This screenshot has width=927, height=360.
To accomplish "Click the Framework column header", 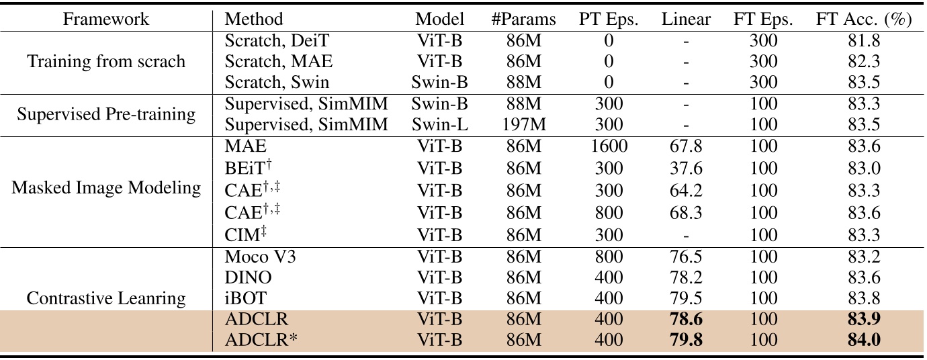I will pyautogui.click(x=106, y=19).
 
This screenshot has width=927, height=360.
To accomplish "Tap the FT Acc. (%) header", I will pyautogui.click(x=864, y=19).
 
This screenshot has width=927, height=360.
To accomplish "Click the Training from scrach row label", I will pyautogui.click(x=106, y=62).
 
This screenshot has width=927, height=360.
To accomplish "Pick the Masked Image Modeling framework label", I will pyautogui.click(x=106, y=188).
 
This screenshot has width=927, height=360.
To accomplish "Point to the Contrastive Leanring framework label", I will pyautogui.click(x=106, y=298).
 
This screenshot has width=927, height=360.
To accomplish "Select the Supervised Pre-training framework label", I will pyautogui.click(x=106, y=114).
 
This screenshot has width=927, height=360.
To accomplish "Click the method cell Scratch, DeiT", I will pyautogui.click(x=277, y=41).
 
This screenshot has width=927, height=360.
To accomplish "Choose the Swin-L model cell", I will pyautogui.click(x=440, y=125).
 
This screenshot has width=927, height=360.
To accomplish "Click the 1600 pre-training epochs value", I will pyautogui.click(x=609, y=146).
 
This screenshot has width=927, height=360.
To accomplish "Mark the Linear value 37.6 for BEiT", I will pyautogui.click(x=685, y=167).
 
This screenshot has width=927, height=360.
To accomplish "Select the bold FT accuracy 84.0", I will pyautogui.click(x=864, y=341).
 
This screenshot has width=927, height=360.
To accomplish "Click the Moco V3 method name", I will pyautogui.click(x=259, y=257).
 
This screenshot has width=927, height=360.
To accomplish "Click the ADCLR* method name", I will pyautogui.click(x=261, y=341).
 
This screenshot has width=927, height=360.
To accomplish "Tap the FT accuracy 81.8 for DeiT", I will pyautogui.click(x=864, y=41).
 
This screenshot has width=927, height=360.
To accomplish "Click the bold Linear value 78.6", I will pyautogui.click(x=685, y=320).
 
